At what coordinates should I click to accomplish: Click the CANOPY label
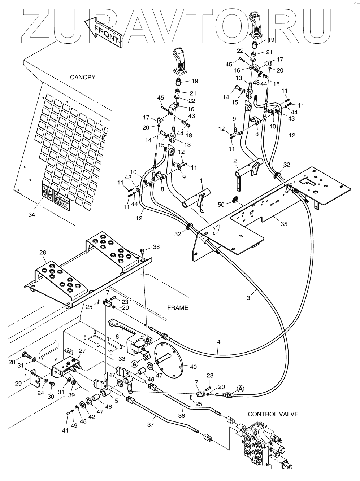(x=83, y=77)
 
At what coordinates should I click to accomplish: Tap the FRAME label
(x=178, y=308)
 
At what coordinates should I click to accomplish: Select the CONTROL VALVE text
(x=273, y=414)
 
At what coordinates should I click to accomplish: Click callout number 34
(x=32, y=215)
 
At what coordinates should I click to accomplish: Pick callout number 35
(x=284, y=224)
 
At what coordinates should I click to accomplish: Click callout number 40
(x=193, y=367)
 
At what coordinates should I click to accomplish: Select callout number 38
(x=156, y=247)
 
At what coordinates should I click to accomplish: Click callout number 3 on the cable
(x=248, y=298)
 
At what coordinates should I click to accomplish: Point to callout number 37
(x=150, y=425)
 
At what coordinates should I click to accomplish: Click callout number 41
(x=65, y=430)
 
